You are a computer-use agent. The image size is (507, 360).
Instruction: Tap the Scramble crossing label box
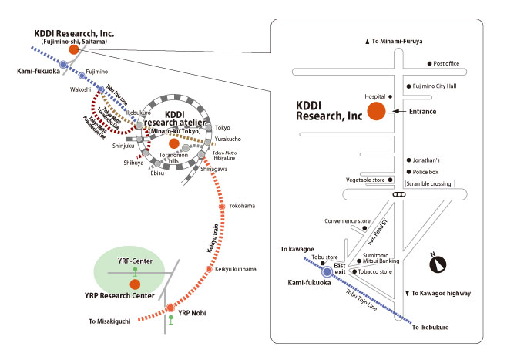(x=430, y=183)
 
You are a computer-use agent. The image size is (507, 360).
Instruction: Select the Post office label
(x=446, y=64)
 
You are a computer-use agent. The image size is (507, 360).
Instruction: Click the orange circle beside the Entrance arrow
(x=376, y=112)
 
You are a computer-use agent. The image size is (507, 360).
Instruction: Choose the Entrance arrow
(x=400, y=112)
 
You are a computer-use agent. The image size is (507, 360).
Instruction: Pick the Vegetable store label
(x=364, y=180)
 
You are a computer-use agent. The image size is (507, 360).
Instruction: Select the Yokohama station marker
(x=223, y=207)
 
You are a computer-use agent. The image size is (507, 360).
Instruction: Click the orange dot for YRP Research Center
(x=136, y=284)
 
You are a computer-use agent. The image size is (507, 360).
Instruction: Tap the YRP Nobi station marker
(x=170, y=308)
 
